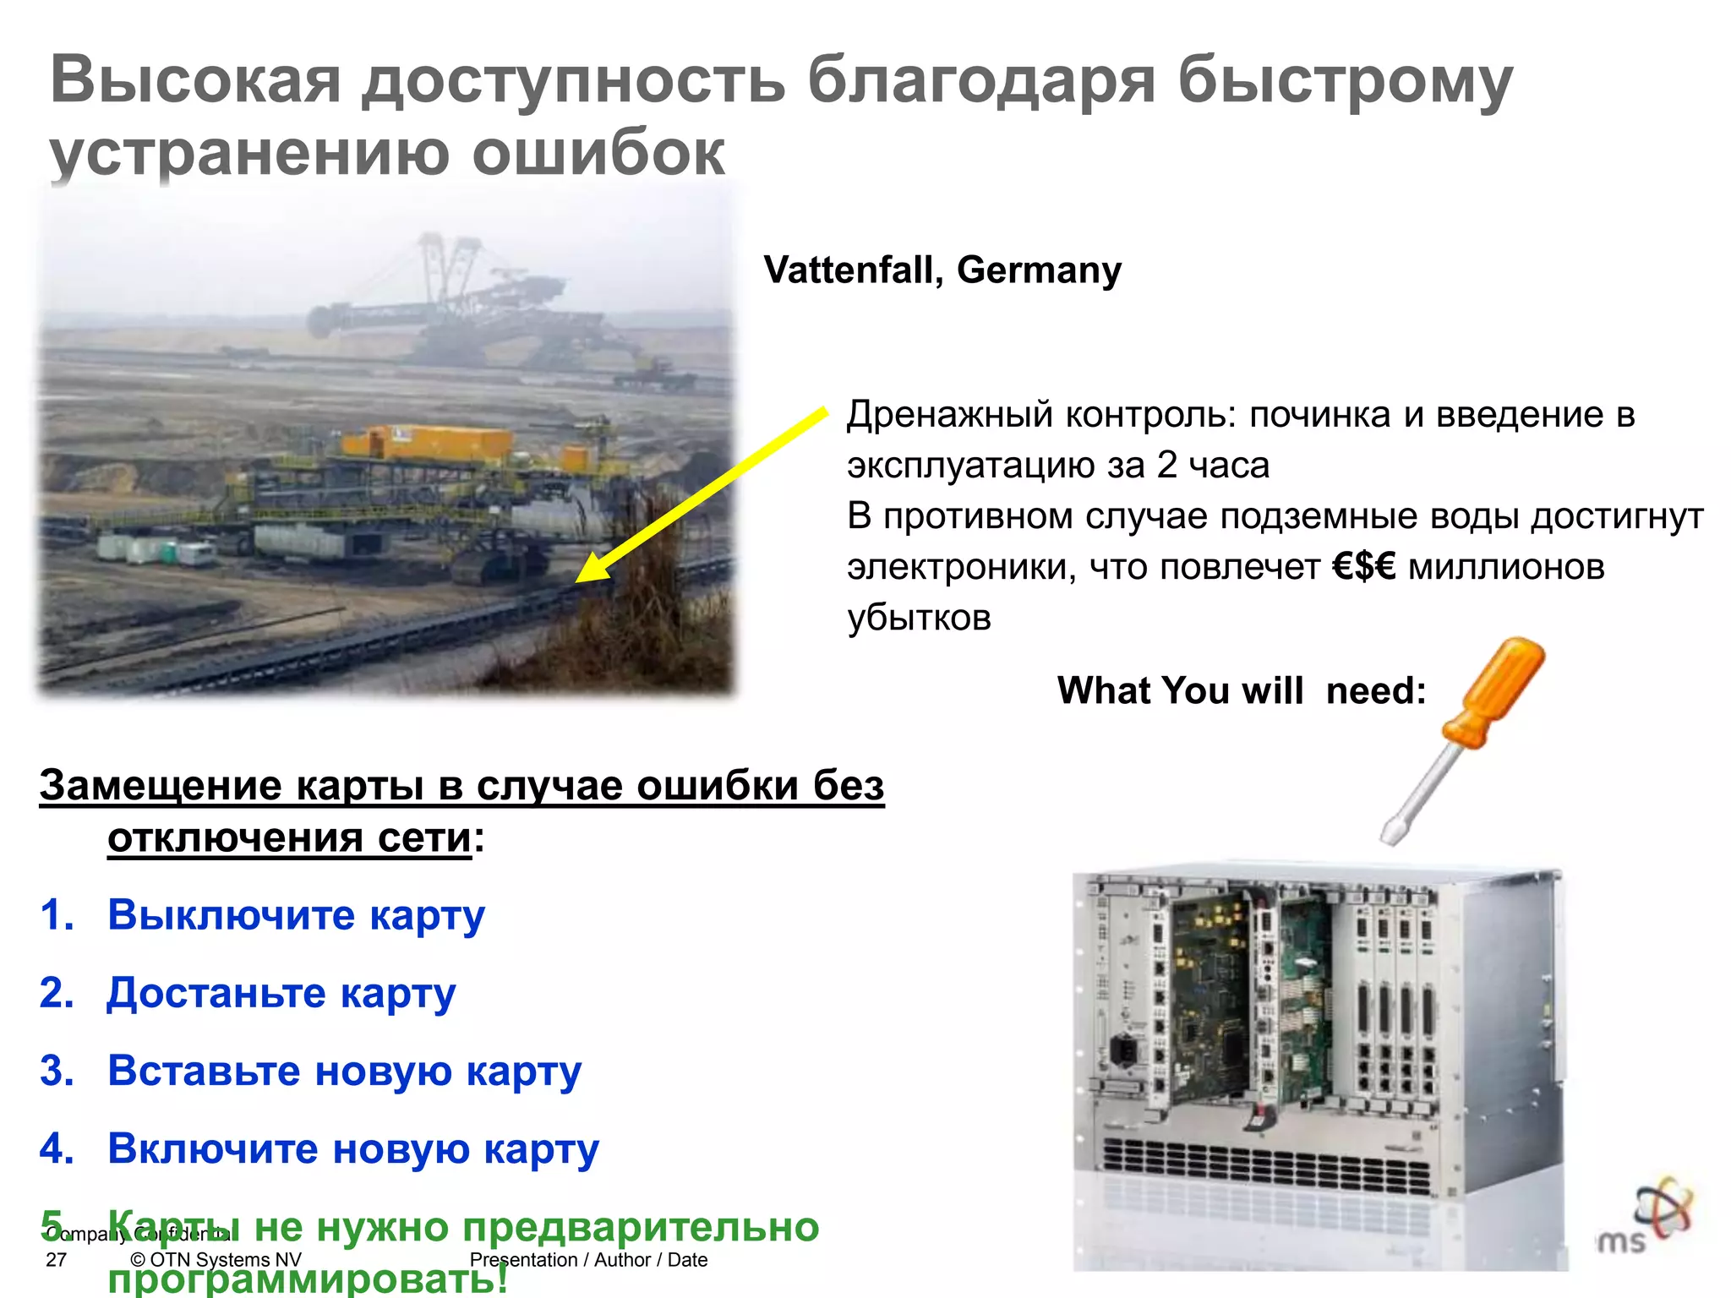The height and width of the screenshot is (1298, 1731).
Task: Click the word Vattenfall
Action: click(x=852, y=270)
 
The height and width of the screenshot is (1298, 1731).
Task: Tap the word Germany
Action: click(x=1039, y=270)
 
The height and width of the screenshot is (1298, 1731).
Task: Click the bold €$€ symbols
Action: click(x=1363, y=566)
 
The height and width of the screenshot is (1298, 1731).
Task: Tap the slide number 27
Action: click(x=56, y=1260)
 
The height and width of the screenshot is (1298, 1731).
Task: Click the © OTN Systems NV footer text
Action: click(x=216, y=1260)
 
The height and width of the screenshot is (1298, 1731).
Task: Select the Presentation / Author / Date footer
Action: click(x=588, y=1260)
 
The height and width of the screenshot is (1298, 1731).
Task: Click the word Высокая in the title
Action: click(x=195, y=80)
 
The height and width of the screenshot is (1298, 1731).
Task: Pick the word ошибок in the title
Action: click(x=598, y=153)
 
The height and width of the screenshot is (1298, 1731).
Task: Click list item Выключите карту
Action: click(x=296, y=914)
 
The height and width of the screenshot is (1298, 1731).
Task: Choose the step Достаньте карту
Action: click(x=281, y=992)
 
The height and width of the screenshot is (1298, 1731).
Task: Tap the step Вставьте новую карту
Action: click(x=344, y=1071)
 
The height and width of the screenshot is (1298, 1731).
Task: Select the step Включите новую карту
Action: click(x=353, y=1148)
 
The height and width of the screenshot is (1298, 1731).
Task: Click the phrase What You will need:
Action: click(x=1241, y=690)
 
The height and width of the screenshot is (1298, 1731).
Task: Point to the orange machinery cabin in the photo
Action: click(x=427, y=443)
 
